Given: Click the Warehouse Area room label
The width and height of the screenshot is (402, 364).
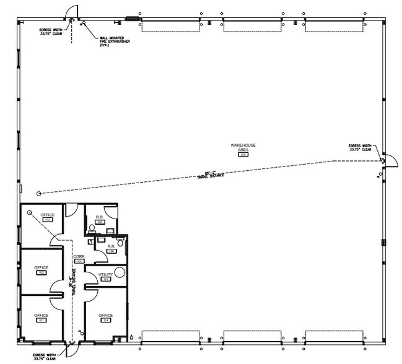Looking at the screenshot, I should pos(243,148).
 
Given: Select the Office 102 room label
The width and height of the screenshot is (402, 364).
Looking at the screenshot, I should pos(41,269).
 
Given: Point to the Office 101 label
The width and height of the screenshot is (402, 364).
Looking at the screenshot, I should pos(41,317).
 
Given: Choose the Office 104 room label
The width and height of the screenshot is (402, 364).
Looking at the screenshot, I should pos(106,317).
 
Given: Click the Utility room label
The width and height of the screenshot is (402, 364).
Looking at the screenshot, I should pos(105,275).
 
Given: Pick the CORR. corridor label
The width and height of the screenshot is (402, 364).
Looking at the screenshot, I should pos(79,258).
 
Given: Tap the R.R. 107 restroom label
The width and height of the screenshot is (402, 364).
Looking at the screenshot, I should pos(99,219).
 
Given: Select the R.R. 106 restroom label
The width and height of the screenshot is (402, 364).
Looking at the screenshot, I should pos(111,248).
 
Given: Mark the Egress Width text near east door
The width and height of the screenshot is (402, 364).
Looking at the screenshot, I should pos(360,147).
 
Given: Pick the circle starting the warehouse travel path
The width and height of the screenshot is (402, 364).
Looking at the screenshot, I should pos(39,194).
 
